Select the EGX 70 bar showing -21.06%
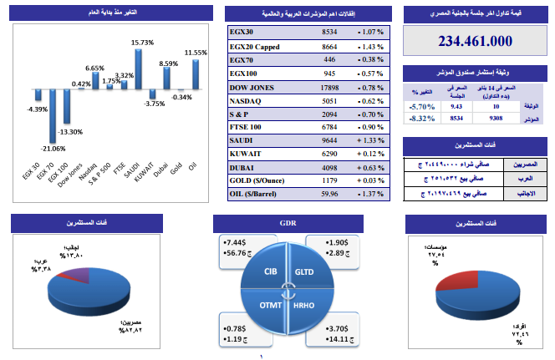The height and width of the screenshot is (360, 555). pos(53,115)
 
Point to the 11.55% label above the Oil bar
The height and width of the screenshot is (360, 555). pos(196,53)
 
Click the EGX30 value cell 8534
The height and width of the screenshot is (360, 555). pos(329,31)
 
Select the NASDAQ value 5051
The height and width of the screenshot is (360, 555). pos(329,99)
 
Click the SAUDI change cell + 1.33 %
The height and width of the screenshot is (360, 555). pos(368,140)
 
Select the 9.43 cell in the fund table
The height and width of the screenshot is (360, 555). pos(456,106)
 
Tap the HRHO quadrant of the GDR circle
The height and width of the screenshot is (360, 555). pos(304,306)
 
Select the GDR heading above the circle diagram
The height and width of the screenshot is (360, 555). pos(287,224)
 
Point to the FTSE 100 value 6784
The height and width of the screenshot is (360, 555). pos(329,127)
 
